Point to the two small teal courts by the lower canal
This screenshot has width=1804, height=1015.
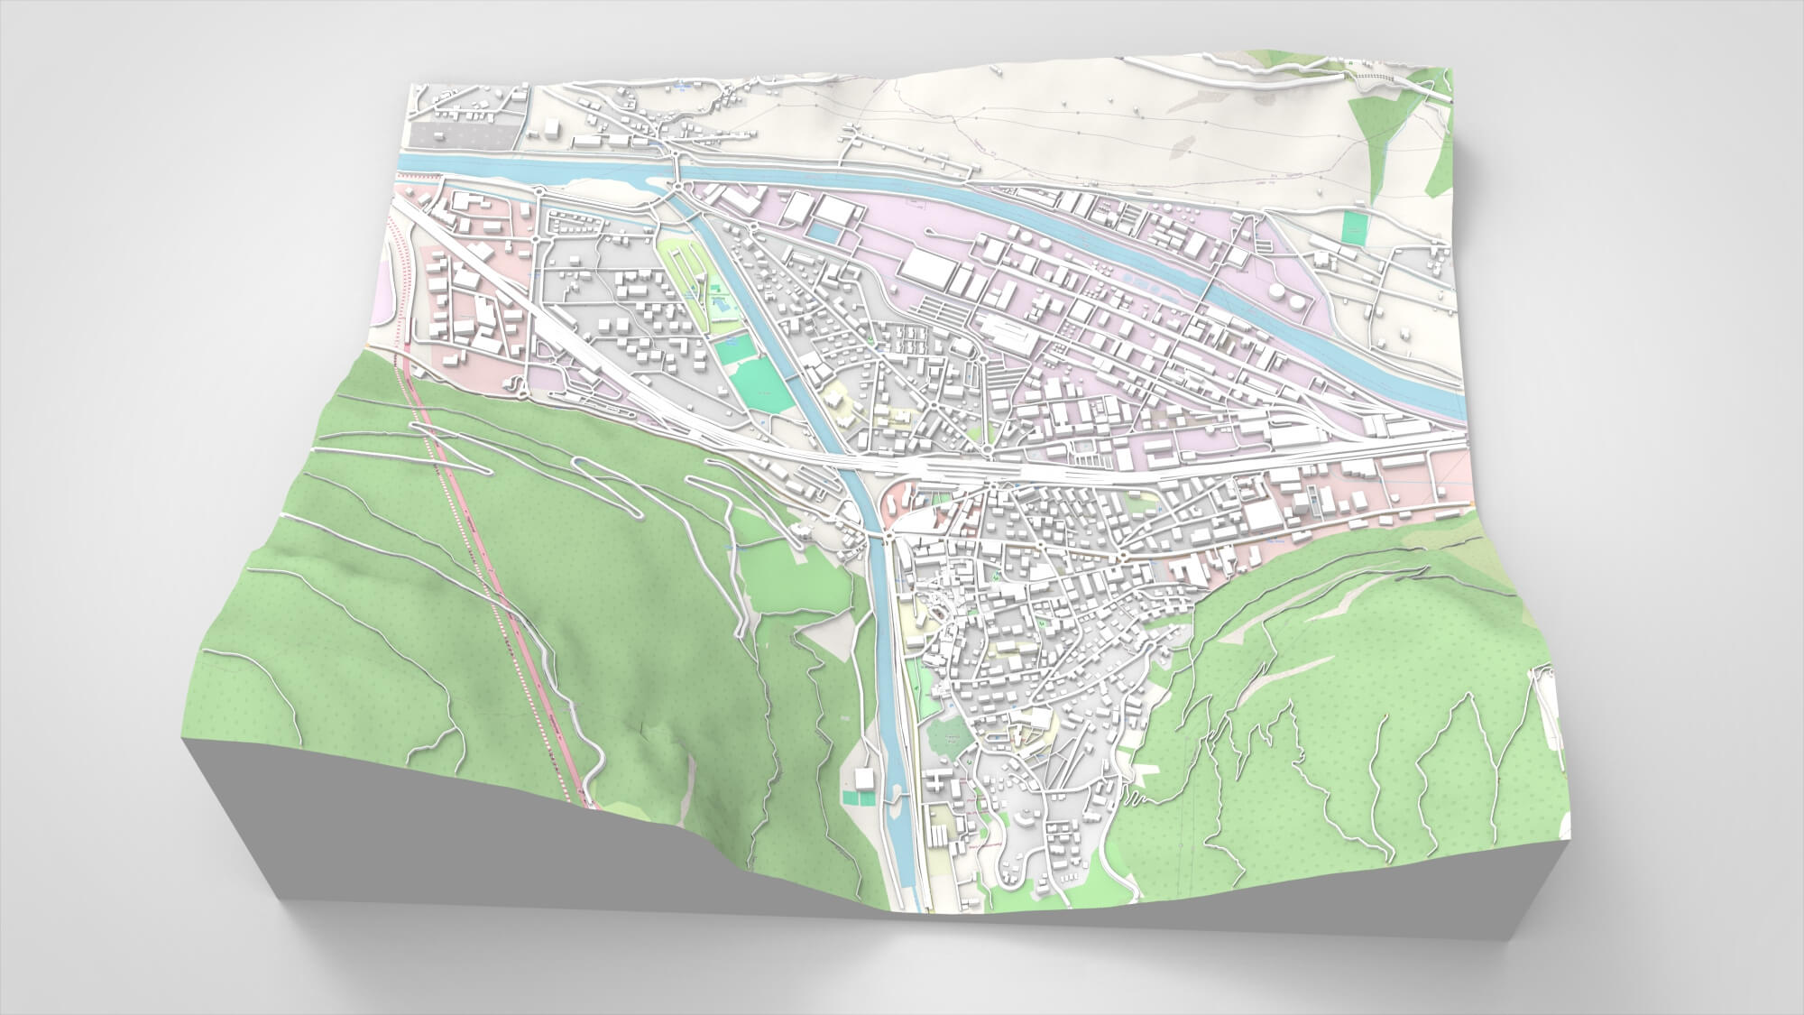(x=858, y=798)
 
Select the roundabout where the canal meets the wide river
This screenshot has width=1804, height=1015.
(x=676, y=187)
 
